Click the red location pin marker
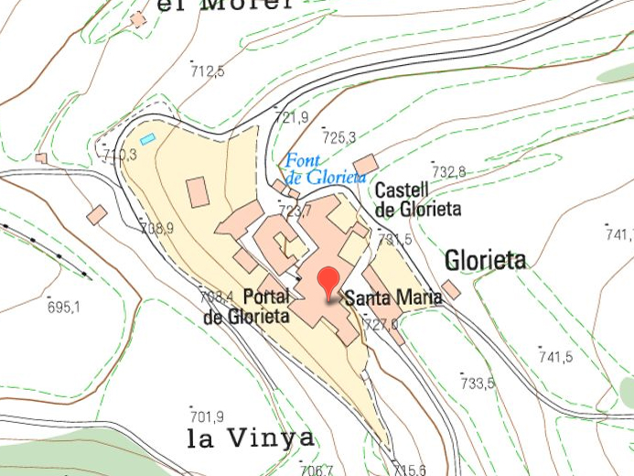click(328, 281)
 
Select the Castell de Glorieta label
click(418, 200)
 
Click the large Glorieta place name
click(486, 261)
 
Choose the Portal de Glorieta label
click(246, 307)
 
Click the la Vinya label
click(250, 438)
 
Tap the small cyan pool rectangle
click(147, 139)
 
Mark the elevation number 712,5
click(207, 70)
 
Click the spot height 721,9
click(291, 117)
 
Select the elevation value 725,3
click(338, 138)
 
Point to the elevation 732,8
click(448, 171)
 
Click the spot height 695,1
click(64, 307)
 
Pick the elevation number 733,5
click(477, 383)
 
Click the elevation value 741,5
click(555, 356)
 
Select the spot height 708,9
click(156, 228)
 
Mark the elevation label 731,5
click(394, 239)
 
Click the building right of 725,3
click(366, 166)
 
